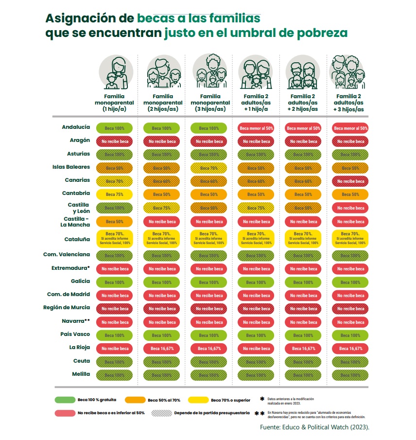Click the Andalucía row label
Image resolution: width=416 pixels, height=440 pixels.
coord(76,127)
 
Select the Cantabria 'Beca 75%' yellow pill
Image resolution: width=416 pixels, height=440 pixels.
coord(115,194)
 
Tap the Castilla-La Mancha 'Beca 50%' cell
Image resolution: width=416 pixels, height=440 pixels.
coord(115,221)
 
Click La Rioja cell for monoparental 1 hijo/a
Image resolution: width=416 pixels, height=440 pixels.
coord(115,348)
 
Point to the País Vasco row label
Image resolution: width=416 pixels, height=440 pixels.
coord(74,334)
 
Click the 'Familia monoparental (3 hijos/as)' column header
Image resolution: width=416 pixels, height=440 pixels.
coord(209,103)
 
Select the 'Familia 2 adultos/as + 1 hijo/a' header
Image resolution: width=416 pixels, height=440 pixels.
coord(256,103)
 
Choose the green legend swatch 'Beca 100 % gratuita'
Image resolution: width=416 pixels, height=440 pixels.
coord(65,400)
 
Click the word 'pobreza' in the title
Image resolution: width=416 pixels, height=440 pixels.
coord(322,33)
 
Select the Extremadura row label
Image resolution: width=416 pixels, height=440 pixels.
coord(71,268)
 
